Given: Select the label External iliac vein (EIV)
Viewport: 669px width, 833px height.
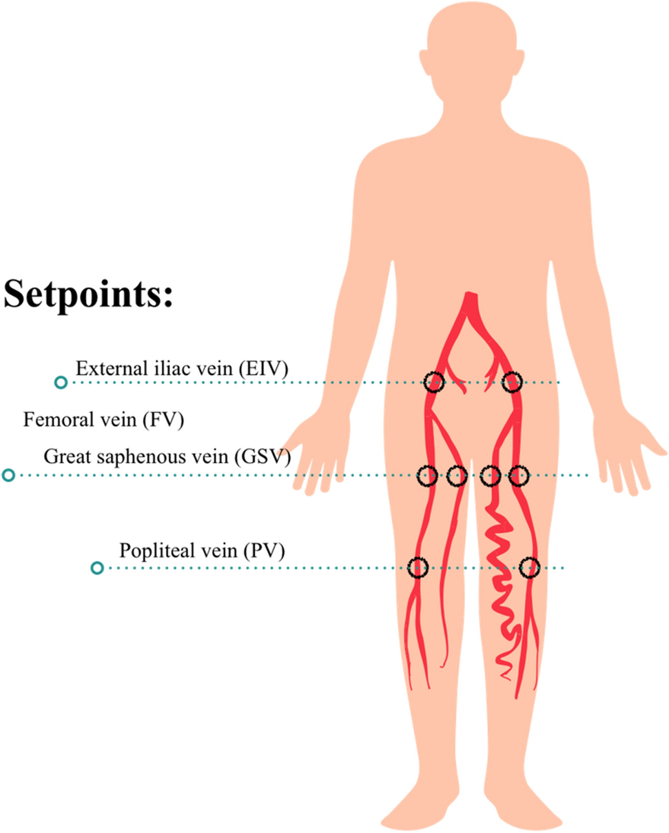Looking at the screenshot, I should (182, 368).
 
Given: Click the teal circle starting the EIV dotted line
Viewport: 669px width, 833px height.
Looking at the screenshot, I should (61, 382).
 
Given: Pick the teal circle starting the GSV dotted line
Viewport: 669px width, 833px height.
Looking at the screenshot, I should (8, 475).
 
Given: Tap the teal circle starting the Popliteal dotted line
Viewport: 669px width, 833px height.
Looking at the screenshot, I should (97, 568).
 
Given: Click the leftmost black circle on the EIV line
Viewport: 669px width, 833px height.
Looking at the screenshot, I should (433, 381).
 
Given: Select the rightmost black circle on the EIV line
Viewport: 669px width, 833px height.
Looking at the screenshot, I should (513, 381).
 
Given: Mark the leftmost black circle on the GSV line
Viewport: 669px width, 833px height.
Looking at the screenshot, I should (428, 475).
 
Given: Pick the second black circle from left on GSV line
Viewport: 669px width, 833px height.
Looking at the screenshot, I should (457, 475).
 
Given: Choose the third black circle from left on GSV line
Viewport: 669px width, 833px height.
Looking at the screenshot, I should (490, 475).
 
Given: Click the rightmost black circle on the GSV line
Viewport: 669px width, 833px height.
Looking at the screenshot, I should (519, 475).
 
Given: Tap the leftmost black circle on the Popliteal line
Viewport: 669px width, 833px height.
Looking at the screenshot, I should (418, 568).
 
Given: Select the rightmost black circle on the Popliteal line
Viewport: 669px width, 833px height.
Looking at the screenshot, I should (529, 568).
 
